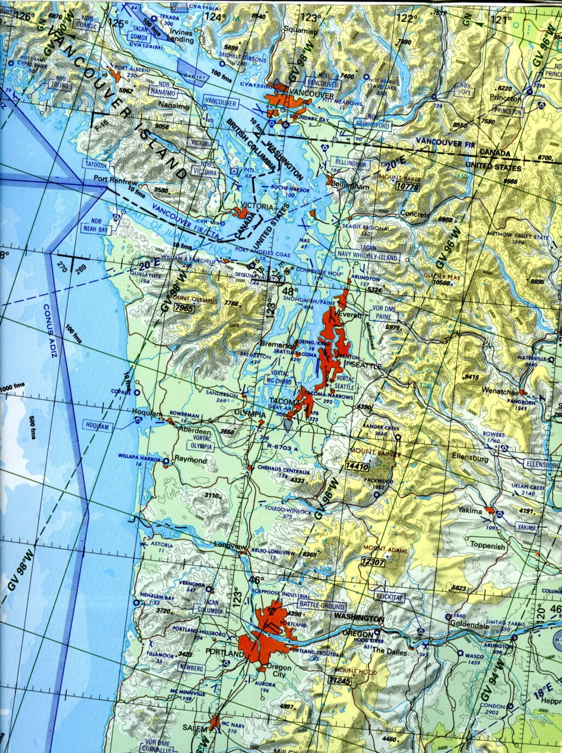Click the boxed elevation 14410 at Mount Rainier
(x=356, y=467)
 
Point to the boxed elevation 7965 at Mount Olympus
(x=184, y=308)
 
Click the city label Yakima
(x=470, y=510)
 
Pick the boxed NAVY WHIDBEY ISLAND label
(x=367, y=256)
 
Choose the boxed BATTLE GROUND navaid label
(x=322, y=606)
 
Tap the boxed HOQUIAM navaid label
(x=97, y=426)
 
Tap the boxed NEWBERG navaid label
(x=191, y=668)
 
